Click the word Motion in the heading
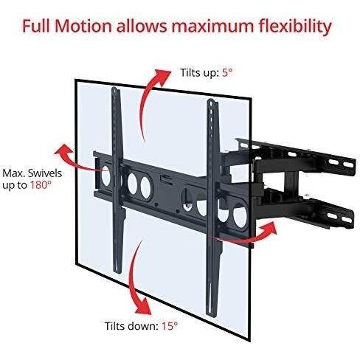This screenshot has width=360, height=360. tap(83, 27)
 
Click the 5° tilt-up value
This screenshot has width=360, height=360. tap(227, 73)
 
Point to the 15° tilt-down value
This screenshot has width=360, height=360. tap(170, 326)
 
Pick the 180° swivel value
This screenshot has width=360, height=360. tap(41, 184)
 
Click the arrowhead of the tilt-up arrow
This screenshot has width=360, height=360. tap(162, 77)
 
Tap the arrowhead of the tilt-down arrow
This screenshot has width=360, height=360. tap(144, 305)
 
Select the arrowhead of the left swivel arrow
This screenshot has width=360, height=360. tap(63, 150)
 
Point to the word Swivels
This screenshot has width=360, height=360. tap(45, 173)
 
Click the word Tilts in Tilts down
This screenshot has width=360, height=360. tap(115, 326)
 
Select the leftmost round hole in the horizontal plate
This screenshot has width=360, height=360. tap(106, 176)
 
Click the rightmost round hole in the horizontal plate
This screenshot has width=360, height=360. tap(240, 215)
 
